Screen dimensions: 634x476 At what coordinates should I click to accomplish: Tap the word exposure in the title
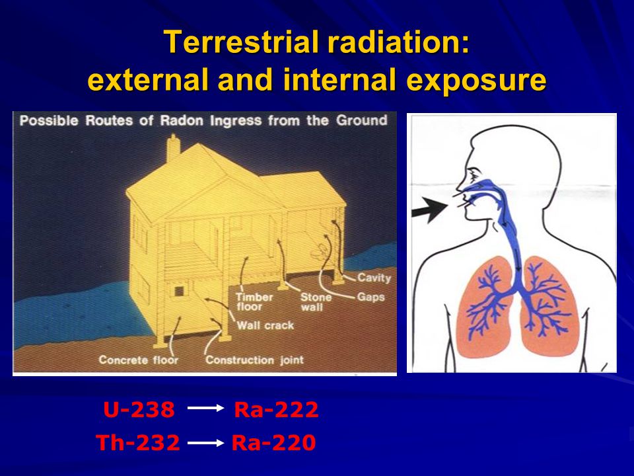coord(476,80)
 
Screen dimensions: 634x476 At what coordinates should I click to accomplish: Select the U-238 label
coord(139,410)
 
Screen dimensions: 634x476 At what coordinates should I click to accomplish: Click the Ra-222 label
coord(276,410)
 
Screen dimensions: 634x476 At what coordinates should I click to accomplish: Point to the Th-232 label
coord(138,442)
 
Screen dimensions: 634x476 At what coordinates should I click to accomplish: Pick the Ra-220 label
coord(273,442)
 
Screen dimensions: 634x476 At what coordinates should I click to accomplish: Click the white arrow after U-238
coord(205,408)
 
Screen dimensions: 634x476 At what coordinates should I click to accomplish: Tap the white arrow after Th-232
coord(205,443)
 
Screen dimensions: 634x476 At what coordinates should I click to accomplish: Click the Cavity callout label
coord(374,278)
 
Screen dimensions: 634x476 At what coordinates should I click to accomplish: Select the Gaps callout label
coord(370,297)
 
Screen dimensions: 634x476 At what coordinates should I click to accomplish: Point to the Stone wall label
coord(316,302)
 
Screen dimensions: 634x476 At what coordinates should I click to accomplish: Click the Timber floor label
coord(254,302)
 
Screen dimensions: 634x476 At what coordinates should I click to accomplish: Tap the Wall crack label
coord(265,325)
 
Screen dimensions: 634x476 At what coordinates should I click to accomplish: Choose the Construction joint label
coord(254,360)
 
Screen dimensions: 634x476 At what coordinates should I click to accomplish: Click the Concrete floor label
coord(138,360)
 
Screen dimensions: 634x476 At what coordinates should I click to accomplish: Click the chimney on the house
coord(174,148)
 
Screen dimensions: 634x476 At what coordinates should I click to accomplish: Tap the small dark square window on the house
coord(178,292)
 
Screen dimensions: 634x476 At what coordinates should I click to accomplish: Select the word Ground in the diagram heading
coord(361,120)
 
